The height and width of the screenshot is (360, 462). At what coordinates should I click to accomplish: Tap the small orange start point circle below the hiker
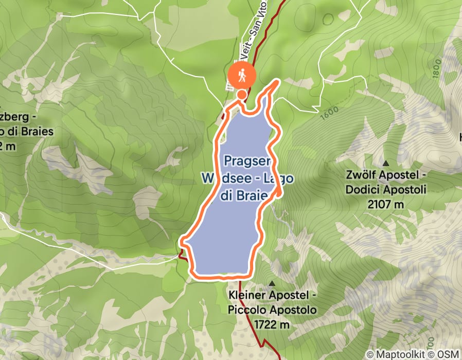[x=241, y=94]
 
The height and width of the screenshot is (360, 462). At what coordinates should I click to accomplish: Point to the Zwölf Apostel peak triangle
[x=386, y=149]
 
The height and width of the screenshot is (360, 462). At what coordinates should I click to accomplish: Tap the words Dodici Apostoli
[x=386, y=190]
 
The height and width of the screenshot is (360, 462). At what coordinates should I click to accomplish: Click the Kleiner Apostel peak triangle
[x=272, y=284]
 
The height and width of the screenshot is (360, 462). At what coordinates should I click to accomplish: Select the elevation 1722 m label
[x=272, y=325]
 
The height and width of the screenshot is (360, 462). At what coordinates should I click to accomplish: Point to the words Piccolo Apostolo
[x=272, y=311]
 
